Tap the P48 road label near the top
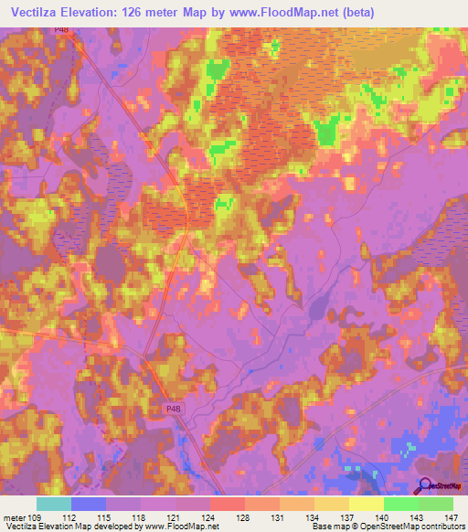[x=86, y=30]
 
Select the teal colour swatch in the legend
[x=54, y=504]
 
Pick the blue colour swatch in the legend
[x=89, y=504]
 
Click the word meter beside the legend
[x=14, y=517]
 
